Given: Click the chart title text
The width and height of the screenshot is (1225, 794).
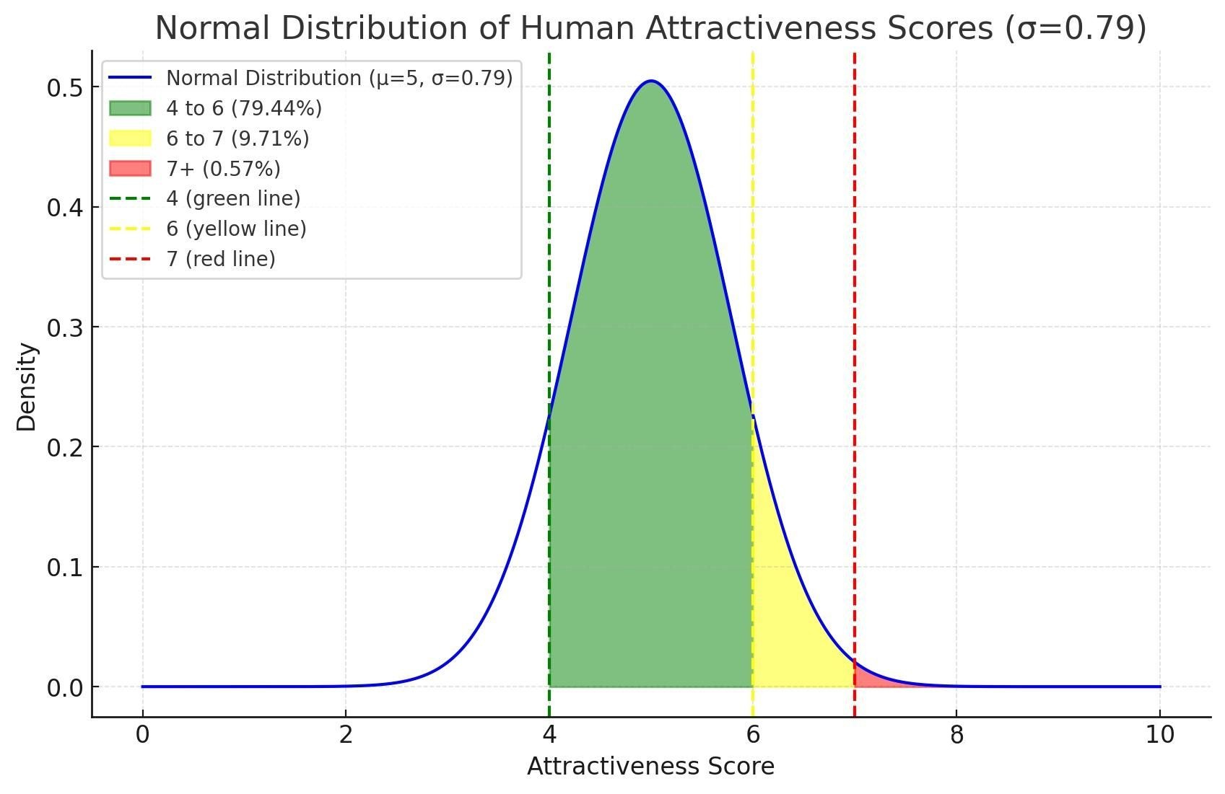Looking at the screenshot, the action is tap(651, 28).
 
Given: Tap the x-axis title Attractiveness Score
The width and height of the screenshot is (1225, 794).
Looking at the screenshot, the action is tap(651, 766).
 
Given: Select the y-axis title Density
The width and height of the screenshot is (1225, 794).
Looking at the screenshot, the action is tap(26, 387).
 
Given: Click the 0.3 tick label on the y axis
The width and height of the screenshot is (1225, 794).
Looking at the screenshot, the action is tap(66, 327).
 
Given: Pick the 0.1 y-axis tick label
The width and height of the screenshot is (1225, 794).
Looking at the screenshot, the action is tap(66, 568).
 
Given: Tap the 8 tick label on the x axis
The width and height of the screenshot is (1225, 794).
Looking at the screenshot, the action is tap(956, 735).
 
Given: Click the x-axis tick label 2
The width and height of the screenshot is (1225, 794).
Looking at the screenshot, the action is tap(346, 735).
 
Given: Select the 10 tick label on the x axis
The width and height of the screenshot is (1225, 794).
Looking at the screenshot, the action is tap(1160, 735).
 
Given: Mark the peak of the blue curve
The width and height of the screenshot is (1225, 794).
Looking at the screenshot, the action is tap(651, 81).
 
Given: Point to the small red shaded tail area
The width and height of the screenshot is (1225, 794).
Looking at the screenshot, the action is tap(870, 678).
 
